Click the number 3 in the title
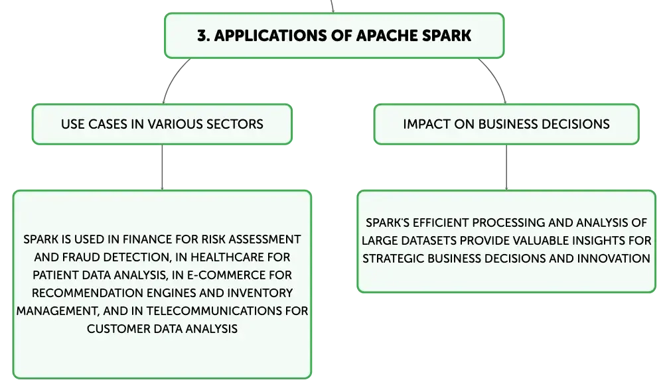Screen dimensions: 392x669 (201, 36)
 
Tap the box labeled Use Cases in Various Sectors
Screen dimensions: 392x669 (162, 123)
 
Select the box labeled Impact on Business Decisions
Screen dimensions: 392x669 (506, 123)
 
